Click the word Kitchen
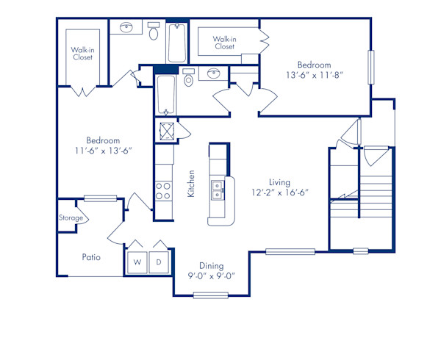point(191,184)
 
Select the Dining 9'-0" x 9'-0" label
point(211,271)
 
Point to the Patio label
point(91,258)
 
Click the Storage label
point(71,217)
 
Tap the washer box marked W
point(137,261)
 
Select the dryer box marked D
point(159,261)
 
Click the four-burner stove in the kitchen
point(162,191)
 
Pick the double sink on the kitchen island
point(218,190)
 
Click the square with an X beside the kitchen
point(165,132)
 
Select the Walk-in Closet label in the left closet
point(82,53)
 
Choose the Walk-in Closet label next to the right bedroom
point(225,43)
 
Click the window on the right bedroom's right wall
point(372,68)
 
